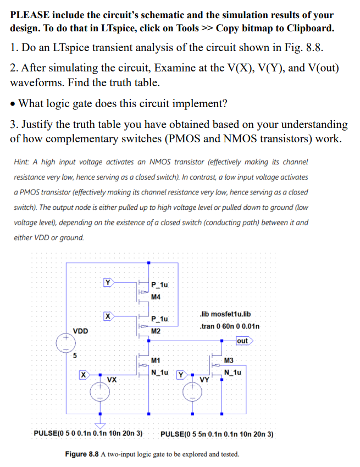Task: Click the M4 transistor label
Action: coord(156,297)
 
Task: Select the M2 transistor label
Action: coord(156,331)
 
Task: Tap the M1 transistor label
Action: coord(156,361)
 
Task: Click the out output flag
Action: coord(242,341)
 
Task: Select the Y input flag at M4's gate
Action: coord(108,282)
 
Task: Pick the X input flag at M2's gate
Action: coord(108,316)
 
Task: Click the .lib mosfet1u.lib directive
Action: coord(226,314)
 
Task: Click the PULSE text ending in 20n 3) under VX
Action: coord(88,433)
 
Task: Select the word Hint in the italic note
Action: coord(21,162)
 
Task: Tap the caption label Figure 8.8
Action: coord(83,455)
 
